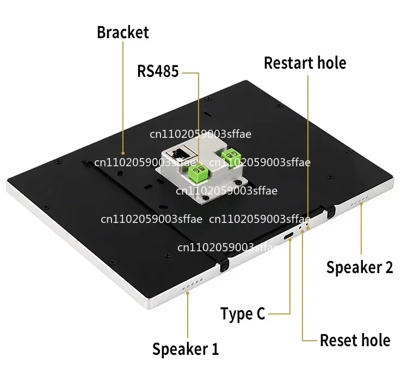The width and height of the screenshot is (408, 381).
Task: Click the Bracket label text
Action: [123, 32]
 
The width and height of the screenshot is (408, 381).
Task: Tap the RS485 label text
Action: [158, 71]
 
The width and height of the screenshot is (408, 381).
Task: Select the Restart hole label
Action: [305, 63]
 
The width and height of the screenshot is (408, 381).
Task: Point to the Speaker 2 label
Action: [360, 267]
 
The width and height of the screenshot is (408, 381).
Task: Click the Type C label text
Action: [243, 313]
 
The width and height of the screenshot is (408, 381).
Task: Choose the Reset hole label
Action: [355, 340]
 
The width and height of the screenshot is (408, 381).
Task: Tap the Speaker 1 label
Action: [186, 349]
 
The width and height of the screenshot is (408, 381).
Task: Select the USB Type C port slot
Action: [288, 236]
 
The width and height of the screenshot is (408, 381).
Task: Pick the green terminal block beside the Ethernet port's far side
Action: [231, 157]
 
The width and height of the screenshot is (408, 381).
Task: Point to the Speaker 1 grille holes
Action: [192, 284]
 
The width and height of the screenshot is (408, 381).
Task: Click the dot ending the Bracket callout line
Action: [123, 153]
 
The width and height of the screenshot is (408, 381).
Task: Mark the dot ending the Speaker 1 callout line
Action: [188, 293]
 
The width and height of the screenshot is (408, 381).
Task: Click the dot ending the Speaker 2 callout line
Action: [361, 204]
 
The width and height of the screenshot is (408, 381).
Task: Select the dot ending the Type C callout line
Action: [290, 240]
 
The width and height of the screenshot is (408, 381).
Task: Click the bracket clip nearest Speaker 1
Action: [224, 265]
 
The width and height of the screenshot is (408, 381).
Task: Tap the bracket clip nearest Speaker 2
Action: [330, 211]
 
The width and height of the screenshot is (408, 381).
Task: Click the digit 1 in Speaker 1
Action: [215, 348]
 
